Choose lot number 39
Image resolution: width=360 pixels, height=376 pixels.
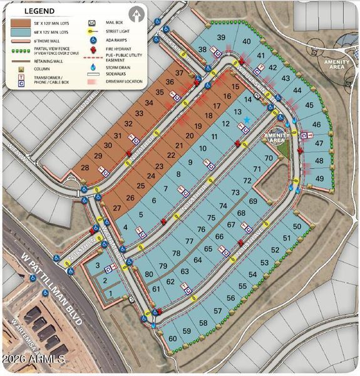click(x=221, y=38)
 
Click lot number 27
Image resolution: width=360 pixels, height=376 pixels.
click(x=116, y=207)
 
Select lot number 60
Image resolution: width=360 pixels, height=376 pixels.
click(x=173, y=338)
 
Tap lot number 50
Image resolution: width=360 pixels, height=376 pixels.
click(x=297, y=226)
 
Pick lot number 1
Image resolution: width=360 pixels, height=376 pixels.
click(x=111, y=293)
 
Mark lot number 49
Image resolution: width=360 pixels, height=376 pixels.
click(x=320, y=179)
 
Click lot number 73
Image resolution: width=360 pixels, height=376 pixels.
click(x=235, y=192)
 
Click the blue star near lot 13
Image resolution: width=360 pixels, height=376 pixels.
click(x=247, y=120)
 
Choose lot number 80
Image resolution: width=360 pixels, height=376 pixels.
click(x=149, y=274)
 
